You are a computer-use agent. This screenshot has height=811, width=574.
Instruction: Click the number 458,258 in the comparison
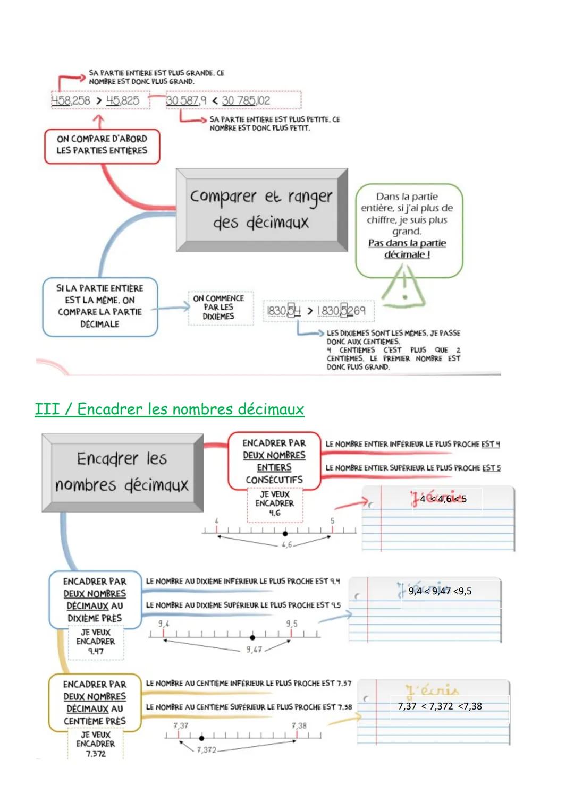71,100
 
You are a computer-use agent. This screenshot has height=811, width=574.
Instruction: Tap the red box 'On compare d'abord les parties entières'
102,145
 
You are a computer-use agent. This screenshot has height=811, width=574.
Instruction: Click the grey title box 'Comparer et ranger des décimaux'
261,209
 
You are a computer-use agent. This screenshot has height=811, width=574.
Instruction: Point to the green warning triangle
404,287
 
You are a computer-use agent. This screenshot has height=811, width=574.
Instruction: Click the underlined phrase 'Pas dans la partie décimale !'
407,249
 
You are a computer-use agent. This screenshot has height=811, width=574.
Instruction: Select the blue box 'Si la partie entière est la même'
100,306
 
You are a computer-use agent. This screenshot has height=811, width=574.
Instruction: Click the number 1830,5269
341,311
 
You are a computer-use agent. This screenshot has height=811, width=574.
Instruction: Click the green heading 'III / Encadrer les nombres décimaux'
170,409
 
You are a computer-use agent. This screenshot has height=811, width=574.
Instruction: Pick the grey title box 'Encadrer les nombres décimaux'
122,472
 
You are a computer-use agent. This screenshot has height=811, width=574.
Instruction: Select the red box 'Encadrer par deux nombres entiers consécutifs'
274,461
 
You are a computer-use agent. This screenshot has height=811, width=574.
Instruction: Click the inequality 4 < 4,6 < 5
443,499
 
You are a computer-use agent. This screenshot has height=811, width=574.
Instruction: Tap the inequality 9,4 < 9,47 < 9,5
440,591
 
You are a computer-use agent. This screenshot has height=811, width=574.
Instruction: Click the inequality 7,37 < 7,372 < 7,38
440,706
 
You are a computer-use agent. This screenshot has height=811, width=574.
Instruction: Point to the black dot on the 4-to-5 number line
285,533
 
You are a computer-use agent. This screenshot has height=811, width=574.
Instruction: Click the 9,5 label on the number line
292,624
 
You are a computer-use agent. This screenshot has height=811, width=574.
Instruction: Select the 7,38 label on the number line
299,725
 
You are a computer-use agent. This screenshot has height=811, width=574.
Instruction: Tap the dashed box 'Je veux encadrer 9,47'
96,642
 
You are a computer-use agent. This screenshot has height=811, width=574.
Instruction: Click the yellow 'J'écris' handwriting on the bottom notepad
432,690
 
